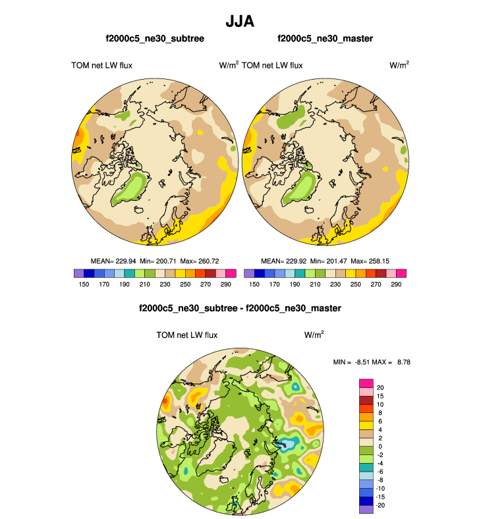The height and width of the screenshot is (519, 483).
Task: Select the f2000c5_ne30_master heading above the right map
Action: coord(325,39)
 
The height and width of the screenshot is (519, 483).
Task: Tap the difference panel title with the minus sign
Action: coord(240,308)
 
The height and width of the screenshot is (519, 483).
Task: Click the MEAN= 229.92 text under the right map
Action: coord(282,261)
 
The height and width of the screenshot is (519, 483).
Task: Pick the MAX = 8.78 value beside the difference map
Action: coord(395,362)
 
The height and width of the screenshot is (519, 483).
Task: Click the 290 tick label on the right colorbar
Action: coord(395,285)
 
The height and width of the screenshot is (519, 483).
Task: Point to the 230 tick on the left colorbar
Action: coord(152,285)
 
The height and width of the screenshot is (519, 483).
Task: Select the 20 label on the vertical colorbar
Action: coord(380,387)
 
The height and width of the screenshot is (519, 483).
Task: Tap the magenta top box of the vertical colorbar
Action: coord(366,383)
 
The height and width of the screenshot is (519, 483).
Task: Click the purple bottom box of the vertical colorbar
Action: coord(366,508)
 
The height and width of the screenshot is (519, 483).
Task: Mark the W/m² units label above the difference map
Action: coord(314,335)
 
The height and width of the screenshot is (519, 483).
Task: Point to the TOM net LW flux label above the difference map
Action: coord(187,335)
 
